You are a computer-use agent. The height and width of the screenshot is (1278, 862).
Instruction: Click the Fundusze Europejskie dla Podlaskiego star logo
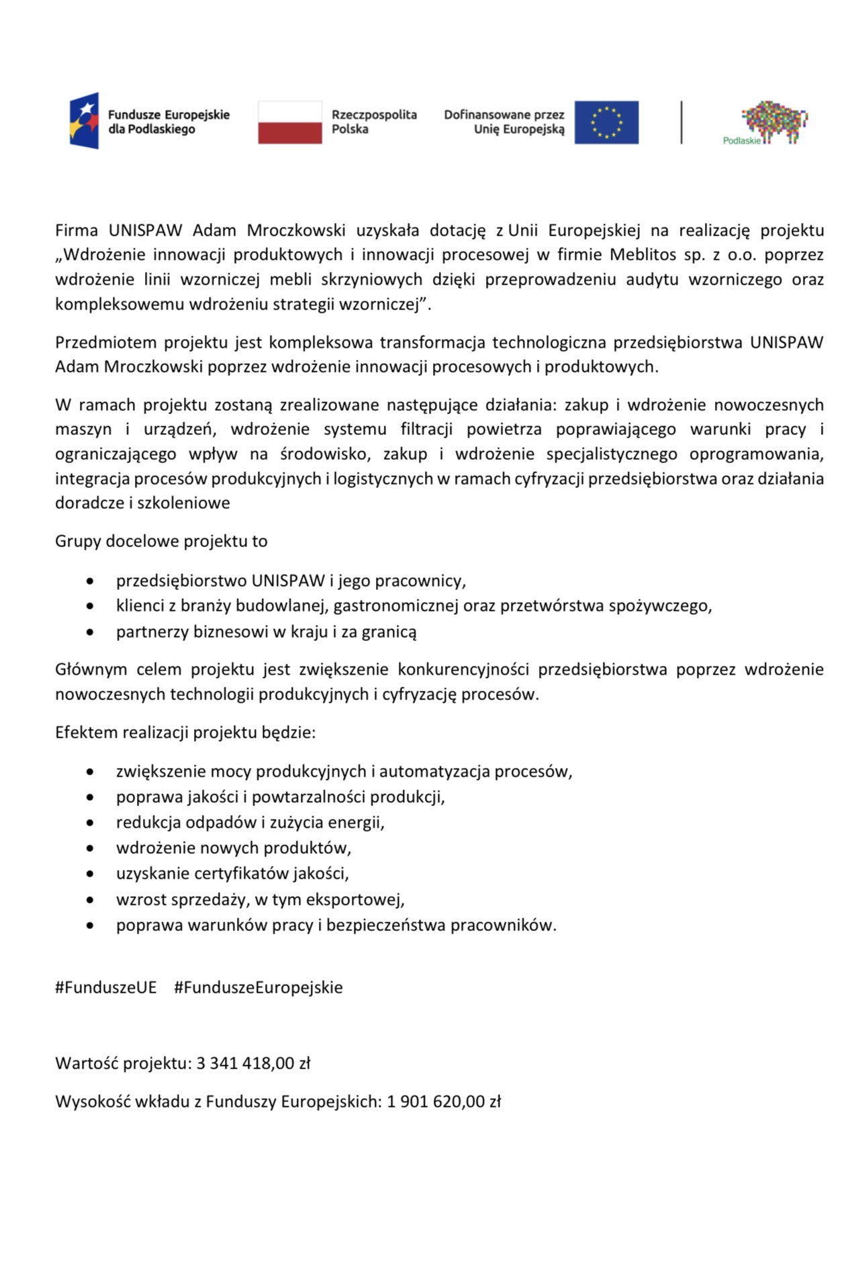click(x=84, y=121)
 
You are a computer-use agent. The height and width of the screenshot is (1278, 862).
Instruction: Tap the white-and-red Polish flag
click(x=289, y=122)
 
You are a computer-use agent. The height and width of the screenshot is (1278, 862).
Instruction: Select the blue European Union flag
click(x=606, y=122)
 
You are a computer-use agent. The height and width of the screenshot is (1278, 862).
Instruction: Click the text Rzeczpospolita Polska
click(x=374, y=122)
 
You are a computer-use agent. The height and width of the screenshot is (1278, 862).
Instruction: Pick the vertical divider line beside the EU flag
click(x=681, y=122)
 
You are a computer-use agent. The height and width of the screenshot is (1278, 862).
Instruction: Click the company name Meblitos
click(x=642, y=255)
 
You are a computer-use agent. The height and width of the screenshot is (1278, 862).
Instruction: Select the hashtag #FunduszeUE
click(x=106, y=987)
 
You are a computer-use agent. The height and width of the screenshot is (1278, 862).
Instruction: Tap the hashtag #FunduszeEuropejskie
click(x=258, y=987)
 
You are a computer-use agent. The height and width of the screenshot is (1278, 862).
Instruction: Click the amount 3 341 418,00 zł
click(x=253, y=1063)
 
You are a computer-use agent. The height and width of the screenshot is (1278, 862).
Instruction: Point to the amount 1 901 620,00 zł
click(x=444, y=1101)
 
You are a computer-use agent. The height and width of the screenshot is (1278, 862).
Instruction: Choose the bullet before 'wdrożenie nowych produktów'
click(x=90, y=848)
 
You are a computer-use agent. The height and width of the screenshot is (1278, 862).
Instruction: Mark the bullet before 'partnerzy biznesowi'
click(x=90, y=632)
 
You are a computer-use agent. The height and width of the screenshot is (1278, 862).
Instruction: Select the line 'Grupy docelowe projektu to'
click(x=161, y=542)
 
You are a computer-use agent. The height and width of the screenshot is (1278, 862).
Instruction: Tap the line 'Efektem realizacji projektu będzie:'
click(x=185, y=732)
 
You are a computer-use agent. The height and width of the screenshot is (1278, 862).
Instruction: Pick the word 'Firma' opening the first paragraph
click(x=77, y=231)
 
